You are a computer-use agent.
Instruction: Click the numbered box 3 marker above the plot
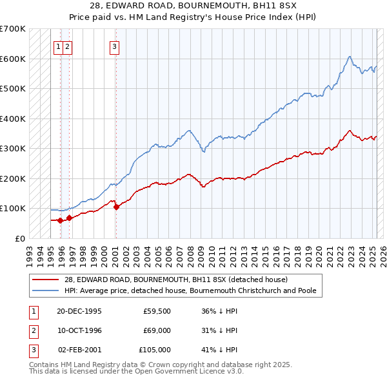point(114,46)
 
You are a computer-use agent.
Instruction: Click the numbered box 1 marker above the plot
point(58,46)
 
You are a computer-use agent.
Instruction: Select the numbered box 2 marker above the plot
point(67,46)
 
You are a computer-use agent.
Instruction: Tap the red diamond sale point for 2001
point(116,207)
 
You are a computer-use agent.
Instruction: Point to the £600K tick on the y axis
point(13,59)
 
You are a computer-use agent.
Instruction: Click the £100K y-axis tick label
point(13,209)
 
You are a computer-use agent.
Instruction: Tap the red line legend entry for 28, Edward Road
point(180,280)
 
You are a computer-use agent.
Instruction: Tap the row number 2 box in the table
point(33,330)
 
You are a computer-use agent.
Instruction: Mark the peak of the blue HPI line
point(349,56)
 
